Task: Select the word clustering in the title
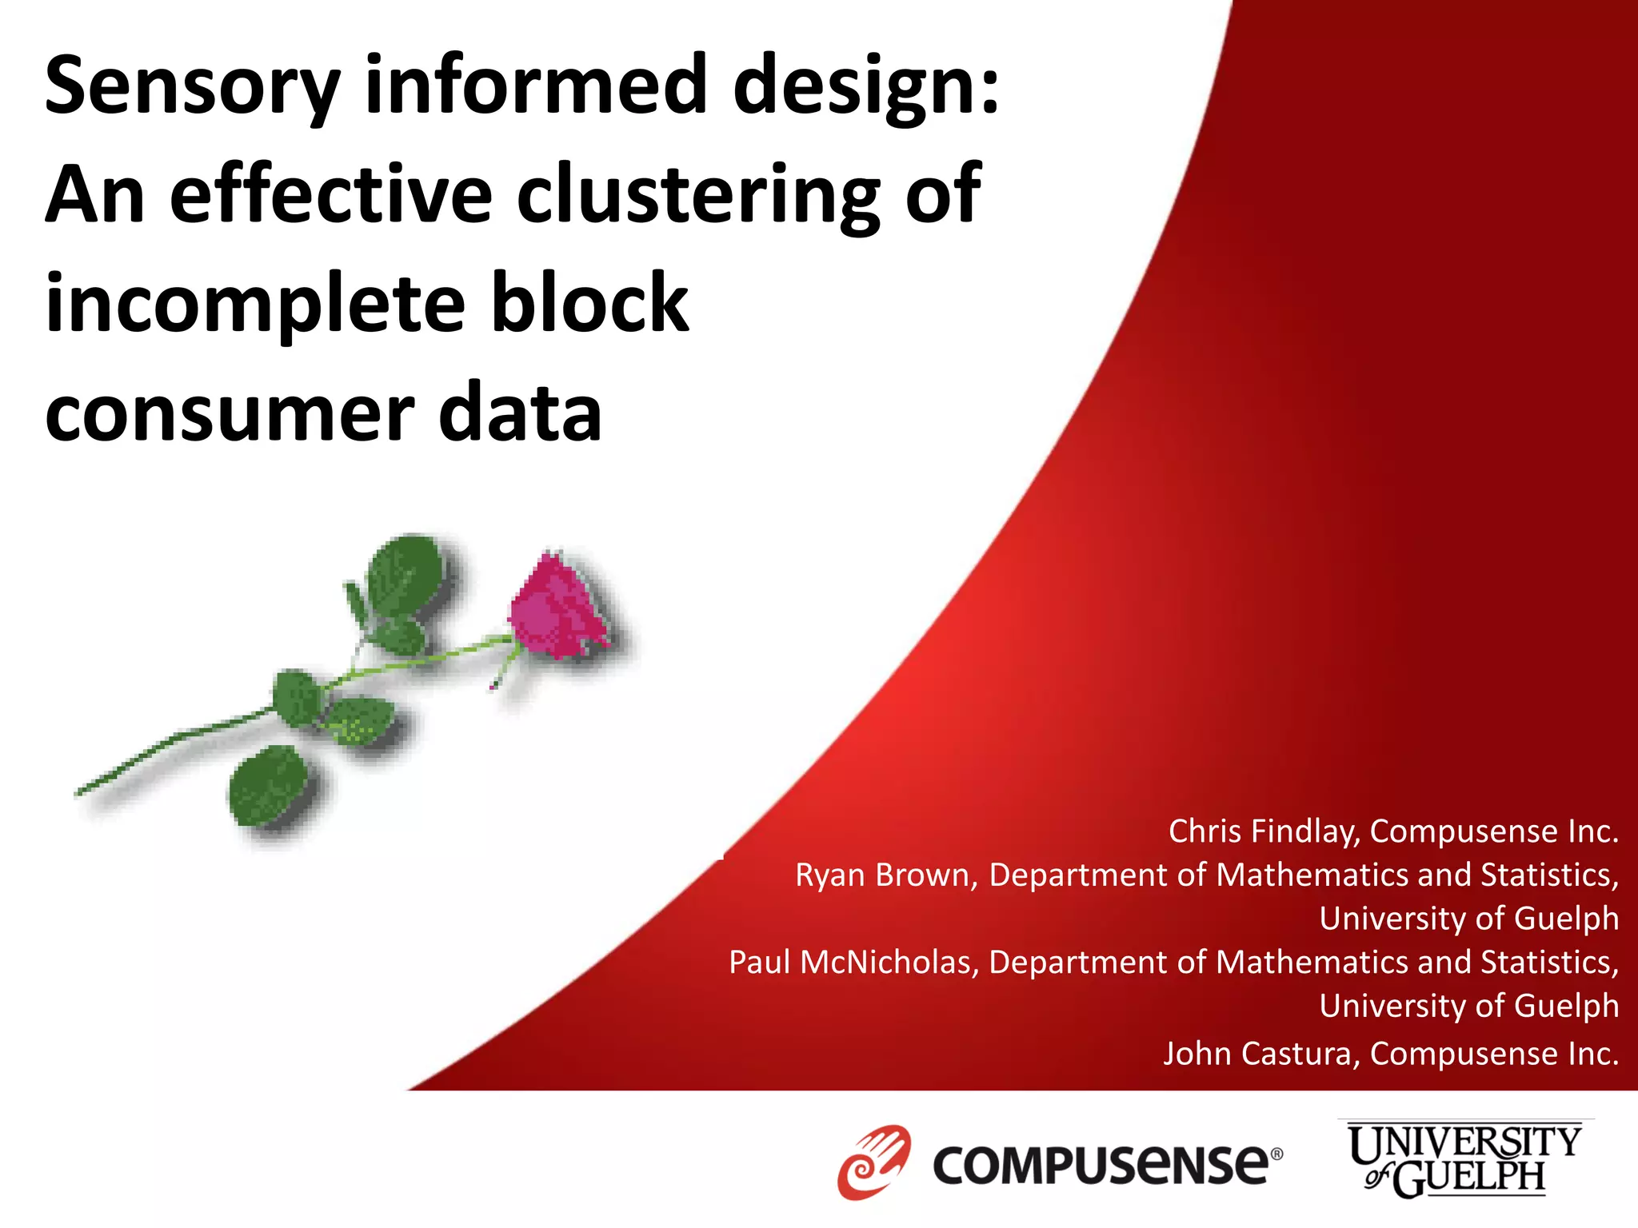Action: (x=698, y=194)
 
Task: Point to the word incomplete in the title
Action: (x=255, y=305)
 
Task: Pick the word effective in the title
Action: (x=331, y=194)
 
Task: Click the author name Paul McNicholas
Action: (x=853, y=962)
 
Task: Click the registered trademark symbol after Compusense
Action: (x=1277, y=1154)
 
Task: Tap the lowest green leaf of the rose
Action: (x=270, y=784)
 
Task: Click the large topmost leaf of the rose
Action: (x=406, y=573)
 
